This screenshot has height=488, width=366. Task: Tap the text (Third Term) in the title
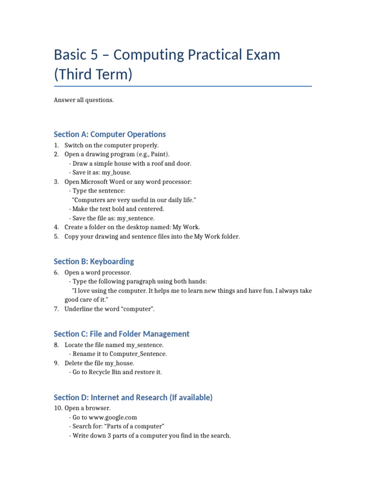(93, 74)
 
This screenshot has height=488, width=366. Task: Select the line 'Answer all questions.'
(84, 100)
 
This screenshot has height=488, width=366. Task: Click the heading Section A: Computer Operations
(110, 134)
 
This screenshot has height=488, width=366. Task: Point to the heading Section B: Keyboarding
(94, 261)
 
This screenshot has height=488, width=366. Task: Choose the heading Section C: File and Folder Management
(122, 334)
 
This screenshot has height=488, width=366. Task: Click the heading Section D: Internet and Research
(133, 397)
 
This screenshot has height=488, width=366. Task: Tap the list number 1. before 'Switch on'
(56, 145)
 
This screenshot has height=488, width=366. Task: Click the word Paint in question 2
(159, 154)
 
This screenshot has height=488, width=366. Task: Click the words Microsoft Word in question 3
(101, 182)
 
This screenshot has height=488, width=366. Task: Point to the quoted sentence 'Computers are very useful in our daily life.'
(133, 200)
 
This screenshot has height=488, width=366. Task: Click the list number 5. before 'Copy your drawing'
(56, 236)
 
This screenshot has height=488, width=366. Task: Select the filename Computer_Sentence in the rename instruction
(138, 354)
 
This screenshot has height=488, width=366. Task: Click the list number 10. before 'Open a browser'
(58, 408)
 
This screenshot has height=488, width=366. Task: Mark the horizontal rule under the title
(183, 86)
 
